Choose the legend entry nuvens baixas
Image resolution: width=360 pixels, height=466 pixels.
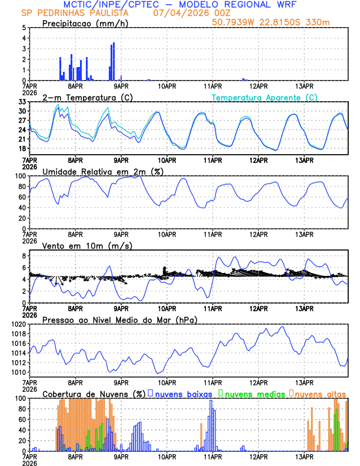click(x=186, y=394)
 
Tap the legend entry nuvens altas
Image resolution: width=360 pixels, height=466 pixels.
click(x=321, y=394)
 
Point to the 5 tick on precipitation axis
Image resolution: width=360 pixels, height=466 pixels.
click(x=24, y=28)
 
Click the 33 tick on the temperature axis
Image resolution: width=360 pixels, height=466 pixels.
click(x=22, y=102)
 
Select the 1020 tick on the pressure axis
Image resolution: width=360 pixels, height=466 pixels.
click(x=19, y=324)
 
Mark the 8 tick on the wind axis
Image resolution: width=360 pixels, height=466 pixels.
click(x=24, y=256)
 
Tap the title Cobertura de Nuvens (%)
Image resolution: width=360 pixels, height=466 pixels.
click(x=94, y=394)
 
